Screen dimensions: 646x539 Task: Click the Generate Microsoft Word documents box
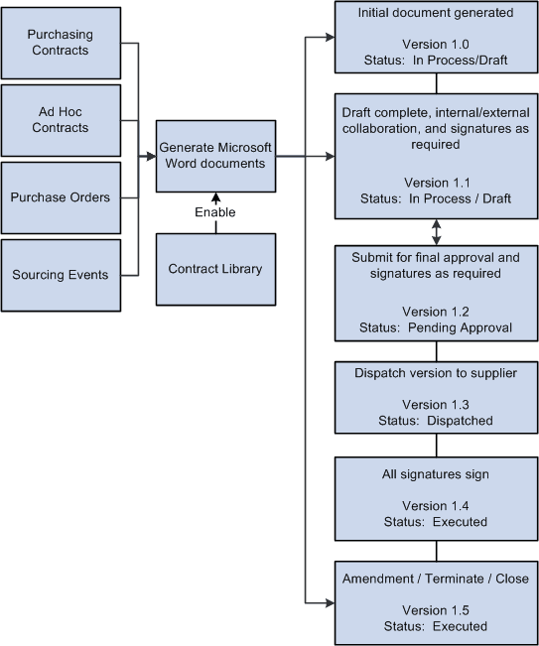215,155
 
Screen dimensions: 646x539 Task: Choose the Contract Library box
215,269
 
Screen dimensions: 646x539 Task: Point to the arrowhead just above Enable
215,196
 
